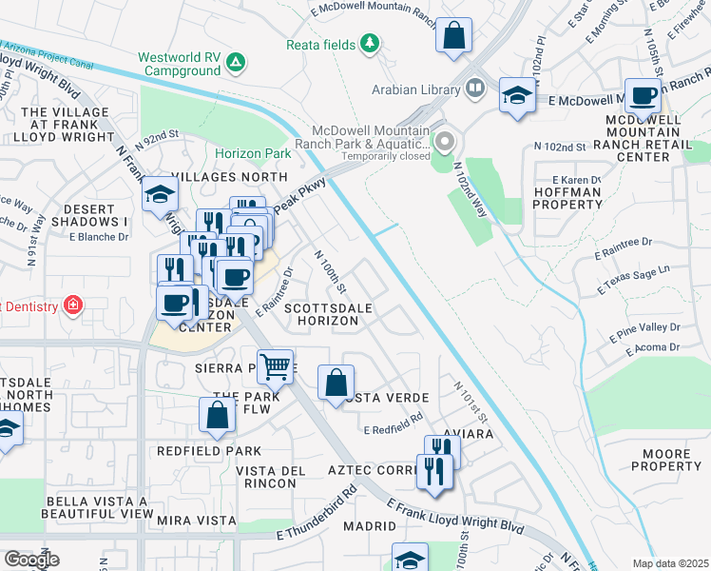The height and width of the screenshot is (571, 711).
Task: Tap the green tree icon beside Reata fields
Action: click(369, 45)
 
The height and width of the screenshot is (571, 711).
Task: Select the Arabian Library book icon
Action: click(474, 89)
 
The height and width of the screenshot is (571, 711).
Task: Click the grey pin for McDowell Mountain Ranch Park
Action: click(443, 143)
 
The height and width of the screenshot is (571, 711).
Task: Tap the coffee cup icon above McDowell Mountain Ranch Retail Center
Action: click(643, 96)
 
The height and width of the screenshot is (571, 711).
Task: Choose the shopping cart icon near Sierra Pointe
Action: click(275, 365)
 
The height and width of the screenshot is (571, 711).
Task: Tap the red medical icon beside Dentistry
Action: click(73, 305)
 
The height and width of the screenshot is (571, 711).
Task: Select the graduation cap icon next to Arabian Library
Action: click(517, 95)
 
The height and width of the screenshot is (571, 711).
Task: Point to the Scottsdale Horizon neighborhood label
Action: click(322, 315)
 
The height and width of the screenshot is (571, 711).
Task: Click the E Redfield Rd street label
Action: click(393, 426)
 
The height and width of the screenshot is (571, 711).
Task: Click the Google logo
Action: click(31, 560)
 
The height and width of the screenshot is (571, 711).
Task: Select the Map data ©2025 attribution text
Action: click(671, 563)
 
